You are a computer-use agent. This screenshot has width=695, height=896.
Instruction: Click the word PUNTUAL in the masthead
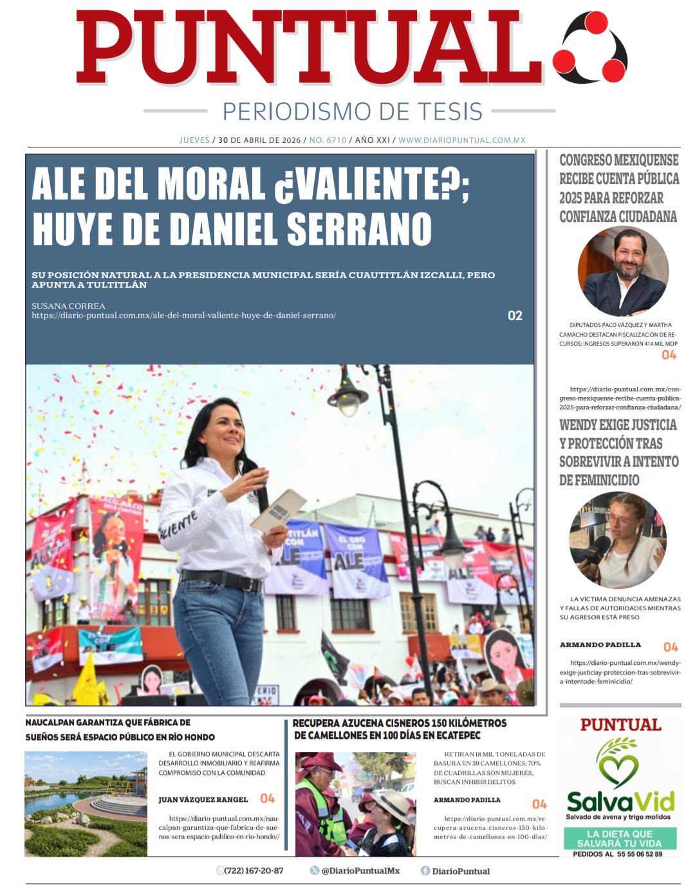tap(309, 48)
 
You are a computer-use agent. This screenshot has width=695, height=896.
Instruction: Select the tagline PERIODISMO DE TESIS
tap(352, 111)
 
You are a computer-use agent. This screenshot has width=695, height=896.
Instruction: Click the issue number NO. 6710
tap(328, 140)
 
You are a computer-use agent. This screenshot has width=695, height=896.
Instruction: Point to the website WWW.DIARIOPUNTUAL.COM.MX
tap(461, 140)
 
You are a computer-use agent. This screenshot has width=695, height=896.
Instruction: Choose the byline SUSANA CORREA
tap(68, 306)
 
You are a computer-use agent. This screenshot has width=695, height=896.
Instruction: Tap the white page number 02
tap(515, 315)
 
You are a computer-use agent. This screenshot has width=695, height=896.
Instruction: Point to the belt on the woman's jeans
tap(222, 580)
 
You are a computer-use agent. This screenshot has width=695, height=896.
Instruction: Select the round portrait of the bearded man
tap(623, 271)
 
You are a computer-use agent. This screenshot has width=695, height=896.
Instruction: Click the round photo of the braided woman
tap(617, 539)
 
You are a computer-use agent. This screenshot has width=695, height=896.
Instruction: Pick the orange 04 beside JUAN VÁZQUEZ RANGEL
tap(267, 798)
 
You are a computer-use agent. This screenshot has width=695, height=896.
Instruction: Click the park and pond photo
tap(86, 803)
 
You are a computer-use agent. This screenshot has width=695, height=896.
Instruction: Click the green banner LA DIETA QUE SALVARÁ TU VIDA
tap(619, 838)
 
